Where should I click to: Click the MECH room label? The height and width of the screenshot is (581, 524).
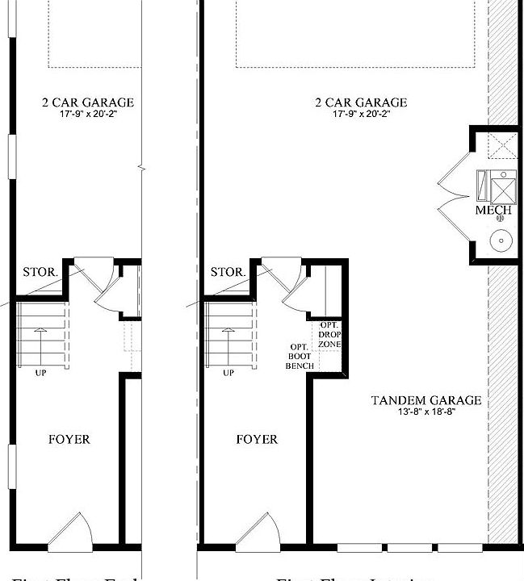click(493, 211)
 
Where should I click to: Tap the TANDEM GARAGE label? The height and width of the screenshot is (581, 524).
click(426, 400)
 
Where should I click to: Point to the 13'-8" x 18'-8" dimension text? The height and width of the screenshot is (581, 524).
click(426, 412)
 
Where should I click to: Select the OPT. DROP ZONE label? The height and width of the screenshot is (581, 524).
click(329, 334)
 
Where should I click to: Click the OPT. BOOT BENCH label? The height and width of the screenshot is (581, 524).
click(299, 357)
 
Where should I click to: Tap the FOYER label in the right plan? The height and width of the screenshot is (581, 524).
click(257, 440)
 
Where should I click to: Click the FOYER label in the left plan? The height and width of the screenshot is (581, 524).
click(69, 440)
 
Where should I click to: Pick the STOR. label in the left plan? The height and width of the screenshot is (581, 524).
click(40, 272)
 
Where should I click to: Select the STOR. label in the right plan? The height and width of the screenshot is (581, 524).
click(227, 272)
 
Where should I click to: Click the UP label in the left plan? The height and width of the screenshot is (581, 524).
click(40, 373)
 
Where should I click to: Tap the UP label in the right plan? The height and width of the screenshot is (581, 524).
click(228, 373)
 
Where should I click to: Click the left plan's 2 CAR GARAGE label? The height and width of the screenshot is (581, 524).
click(88, 102)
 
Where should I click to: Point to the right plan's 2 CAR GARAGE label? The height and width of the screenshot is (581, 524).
click(359, 102)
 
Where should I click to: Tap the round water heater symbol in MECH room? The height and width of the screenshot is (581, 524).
click(501, 240)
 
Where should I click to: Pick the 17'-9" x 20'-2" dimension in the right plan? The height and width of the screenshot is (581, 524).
click(359, 115)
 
